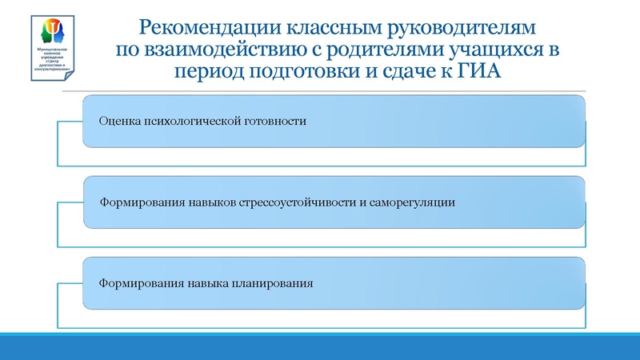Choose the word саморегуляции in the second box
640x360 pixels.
416,202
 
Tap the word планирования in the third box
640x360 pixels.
273,282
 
